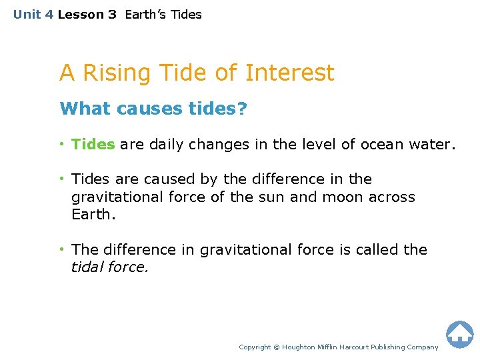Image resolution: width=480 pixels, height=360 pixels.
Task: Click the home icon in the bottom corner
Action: pyautogui.click(x=459, y=334)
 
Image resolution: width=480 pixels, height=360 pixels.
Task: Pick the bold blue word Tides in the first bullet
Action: pyautogui.click(x=93, y=144)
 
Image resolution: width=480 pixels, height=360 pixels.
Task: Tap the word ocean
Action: pyautogui.click(x=384, y=144)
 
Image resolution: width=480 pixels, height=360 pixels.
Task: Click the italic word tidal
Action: pyautogui.click(x=88, y=267)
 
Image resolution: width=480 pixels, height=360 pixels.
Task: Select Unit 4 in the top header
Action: pyautogui.click(x=33, y=15)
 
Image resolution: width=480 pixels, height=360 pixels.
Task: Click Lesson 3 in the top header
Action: pyautogui.click(x=87, y=15)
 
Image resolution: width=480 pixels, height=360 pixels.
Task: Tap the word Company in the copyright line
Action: pyautogui.click(x=421, y=347)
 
